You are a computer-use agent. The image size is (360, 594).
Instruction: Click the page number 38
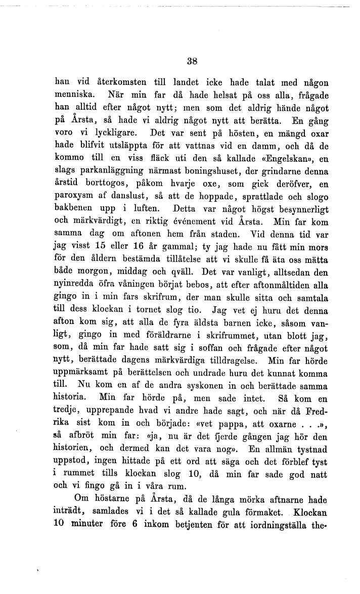[x=191, y=62]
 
